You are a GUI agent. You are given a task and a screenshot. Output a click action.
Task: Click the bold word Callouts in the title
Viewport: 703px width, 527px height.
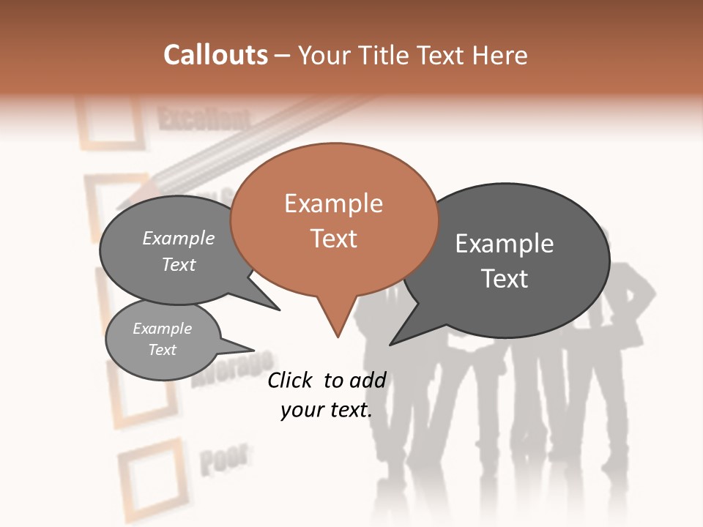tap(215, 55)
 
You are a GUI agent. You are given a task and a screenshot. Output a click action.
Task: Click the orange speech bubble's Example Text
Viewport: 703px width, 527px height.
tap(334, 220)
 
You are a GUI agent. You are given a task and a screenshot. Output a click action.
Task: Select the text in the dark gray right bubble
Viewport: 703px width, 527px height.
tap(505, 261)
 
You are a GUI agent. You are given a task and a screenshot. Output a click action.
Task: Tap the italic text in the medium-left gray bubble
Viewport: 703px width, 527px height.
tap(179, 251)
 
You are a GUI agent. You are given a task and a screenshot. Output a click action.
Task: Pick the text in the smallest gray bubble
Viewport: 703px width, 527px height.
tap(162, 339)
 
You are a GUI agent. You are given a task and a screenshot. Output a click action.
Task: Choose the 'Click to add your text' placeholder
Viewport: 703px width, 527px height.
tap(327, 395)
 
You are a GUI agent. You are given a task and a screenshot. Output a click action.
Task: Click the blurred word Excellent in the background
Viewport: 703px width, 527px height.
tap(204, 119)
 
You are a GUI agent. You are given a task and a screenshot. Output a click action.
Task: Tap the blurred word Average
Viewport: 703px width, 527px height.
tap(232, 370)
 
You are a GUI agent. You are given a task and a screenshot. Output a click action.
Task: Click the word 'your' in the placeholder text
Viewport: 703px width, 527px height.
tap(301, 410)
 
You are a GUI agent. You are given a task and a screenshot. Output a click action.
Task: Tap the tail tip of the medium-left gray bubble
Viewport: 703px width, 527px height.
tap(278, 310)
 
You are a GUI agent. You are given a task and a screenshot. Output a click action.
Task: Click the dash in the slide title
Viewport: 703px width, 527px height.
tap(283, 56)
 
